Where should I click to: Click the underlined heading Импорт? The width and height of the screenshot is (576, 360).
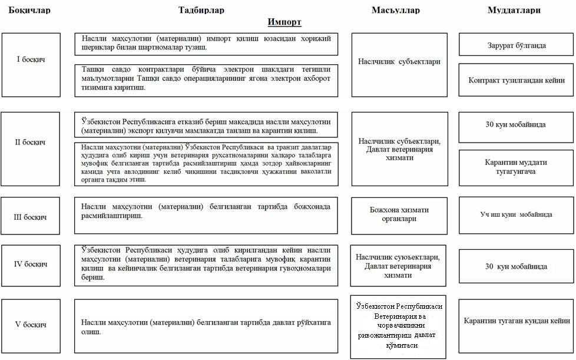(x=284, y=22)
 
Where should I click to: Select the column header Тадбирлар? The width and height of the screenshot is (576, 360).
(x=201, y=10)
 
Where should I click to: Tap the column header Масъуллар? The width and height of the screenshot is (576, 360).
(x=396, y=10)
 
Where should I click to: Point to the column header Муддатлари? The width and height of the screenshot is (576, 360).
(x=514, y=10)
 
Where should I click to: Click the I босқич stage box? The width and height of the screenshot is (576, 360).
(x=31, y=60)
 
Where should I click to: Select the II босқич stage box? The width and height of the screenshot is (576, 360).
(x=31, y=143)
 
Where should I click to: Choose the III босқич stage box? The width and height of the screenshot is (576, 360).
(x=31, y=217)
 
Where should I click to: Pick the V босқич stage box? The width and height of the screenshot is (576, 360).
(x=31, y=325)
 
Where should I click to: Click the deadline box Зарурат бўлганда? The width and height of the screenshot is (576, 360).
(x=517, y=45)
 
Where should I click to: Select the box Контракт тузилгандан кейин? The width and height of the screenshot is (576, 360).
(x=517, y=80)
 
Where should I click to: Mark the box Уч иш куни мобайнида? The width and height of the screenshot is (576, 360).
(x=517, y=214)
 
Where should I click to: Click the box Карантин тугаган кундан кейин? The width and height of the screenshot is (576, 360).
(x=517, y=321)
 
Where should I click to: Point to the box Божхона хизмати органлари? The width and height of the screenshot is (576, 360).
(x=398, y=214)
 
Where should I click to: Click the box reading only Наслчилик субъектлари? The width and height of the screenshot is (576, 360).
(x=398, y=61)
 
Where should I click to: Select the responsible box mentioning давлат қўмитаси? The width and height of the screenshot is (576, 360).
(x=398, y=326)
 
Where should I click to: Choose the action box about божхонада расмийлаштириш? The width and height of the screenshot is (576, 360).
(x=206, y=211)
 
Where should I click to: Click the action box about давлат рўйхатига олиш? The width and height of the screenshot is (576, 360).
(x=206, y=327)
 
